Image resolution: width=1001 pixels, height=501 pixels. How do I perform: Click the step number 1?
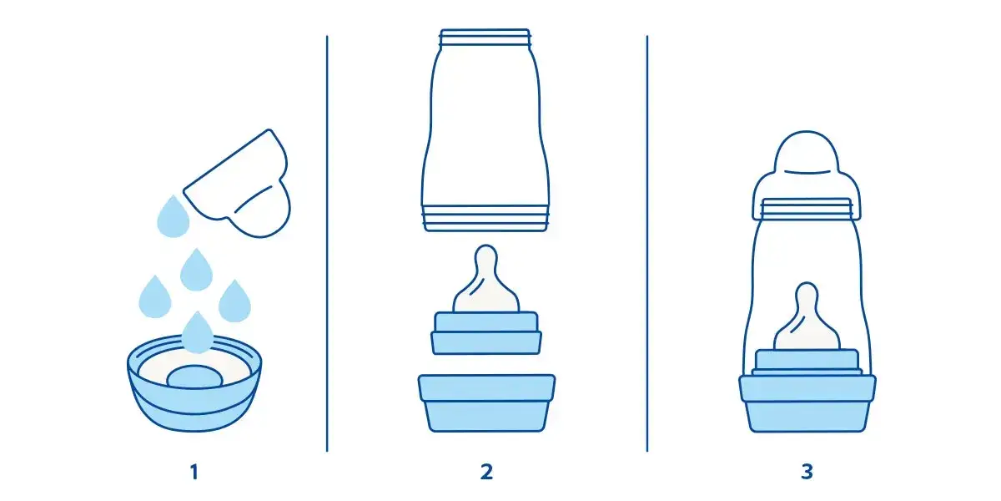(x=194, y=472)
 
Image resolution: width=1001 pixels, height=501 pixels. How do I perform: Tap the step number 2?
(x=486, y=472)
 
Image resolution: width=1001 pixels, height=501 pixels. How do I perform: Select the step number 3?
(x=807, y=472)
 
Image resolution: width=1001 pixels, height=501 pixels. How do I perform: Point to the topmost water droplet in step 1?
(x=173, y=217)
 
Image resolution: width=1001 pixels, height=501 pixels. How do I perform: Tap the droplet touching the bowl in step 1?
(x=197, y=333)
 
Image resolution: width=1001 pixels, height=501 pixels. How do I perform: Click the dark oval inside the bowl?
(x=195, y=377)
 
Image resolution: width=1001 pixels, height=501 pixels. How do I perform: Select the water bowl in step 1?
(x=194, y=385)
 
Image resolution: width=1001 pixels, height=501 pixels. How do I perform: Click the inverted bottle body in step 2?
(x=485, y=129)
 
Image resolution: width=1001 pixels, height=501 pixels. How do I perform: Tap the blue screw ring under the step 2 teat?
(x=486, y=333)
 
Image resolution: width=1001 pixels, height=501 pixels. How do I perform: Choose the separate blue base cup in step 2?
(x=486, y=403)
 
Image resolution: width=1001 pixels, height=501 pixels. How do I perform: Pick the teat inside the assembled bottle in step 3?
(x=807, y=317)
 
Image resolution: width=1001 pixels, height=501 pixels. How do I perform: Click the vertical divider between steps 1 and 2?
(x=327, y=244)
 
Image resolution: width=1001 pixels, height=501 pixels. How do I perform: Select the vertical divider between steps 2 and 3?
(x=647, y=244)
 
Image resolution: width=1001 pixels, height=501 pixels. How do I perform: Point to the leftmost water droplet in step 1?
(x=155, y=297)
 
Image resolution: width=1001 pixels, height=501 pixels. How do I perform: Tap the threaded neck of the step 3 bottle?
(x=807, y=209)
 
